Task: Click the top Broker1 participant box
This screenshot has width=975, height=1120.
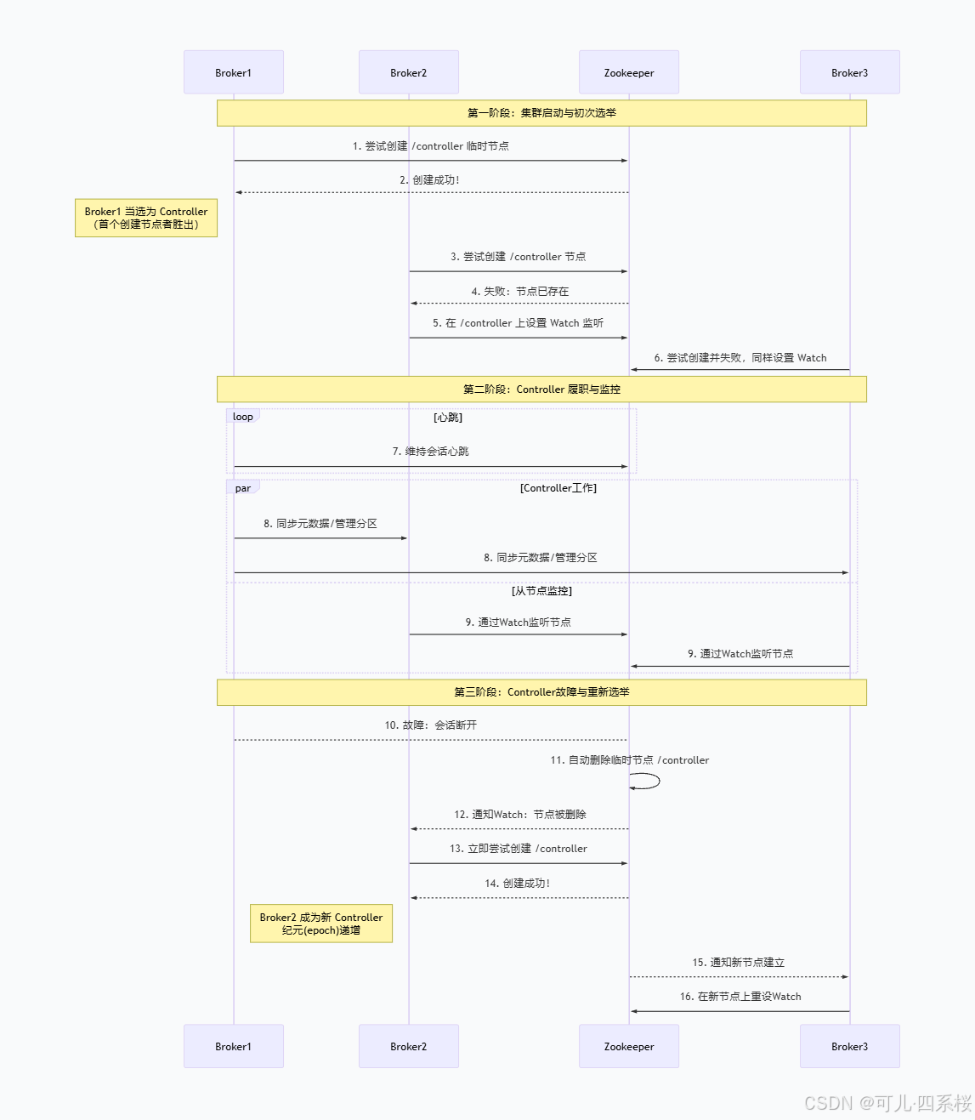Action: [234, 72]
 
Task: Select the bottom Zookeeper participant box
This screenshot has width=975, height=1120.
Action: [629, 1046]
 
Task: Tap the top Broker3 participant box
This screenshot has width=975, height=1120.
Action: [849, 72]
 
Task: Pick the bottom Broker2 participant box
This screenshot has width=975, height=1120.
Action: [409, 1046]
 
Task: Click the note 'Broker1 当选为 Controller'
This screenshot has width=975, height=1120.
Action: [146, 218]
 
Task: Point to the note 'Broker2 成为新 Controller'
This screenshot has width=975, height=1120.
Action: [321, 924]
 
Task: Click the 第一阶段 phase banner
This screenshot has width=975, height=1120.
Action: [541, 113]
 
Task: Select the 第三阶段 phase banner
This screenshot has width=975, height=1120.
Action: [541, 692]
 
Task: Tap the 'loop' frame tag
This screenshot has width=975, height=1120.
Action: [243, 417]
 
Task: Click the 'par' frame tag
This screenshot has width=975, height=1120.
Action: [243, 488]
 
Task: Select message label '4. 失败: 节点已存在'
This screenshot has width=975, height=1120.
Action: [520, 292]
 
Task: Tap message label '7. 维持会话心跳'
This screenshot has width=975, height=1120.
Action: [430, 452]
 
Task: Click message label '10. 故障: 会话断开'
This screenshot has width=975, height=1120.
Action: [430, 725]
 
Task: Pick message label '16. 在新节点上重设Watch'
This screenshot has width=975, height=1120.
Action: [740, 997]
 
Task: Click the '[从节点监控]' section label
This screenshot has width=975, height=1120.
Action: [541, 591]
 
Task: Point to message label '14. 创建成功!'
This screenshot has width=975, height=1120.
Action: [517, 884]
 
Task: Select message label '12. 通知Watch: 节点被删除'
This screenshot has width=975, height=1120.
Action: [519, 815]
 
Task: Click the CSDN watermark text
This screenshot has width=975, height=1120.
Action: [887, 1103]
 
